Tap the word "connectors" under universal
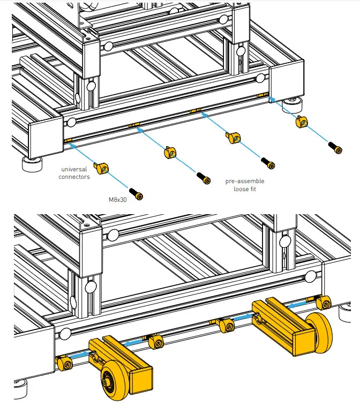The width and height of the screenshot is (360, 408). click(74, 177)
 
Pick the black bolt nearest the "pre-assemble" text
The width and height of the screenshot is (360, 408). click(268, 162)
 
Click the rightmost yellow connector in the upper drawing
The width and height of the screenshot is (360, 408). click(302, 123)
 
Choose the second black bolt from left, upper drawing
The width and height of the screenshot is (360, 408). click(202, 176)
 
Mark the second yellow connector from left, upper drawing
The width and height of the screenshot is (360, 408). click(168, 152)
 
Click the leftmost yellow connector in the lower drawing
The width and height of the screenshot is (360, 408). click(65, 364)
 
